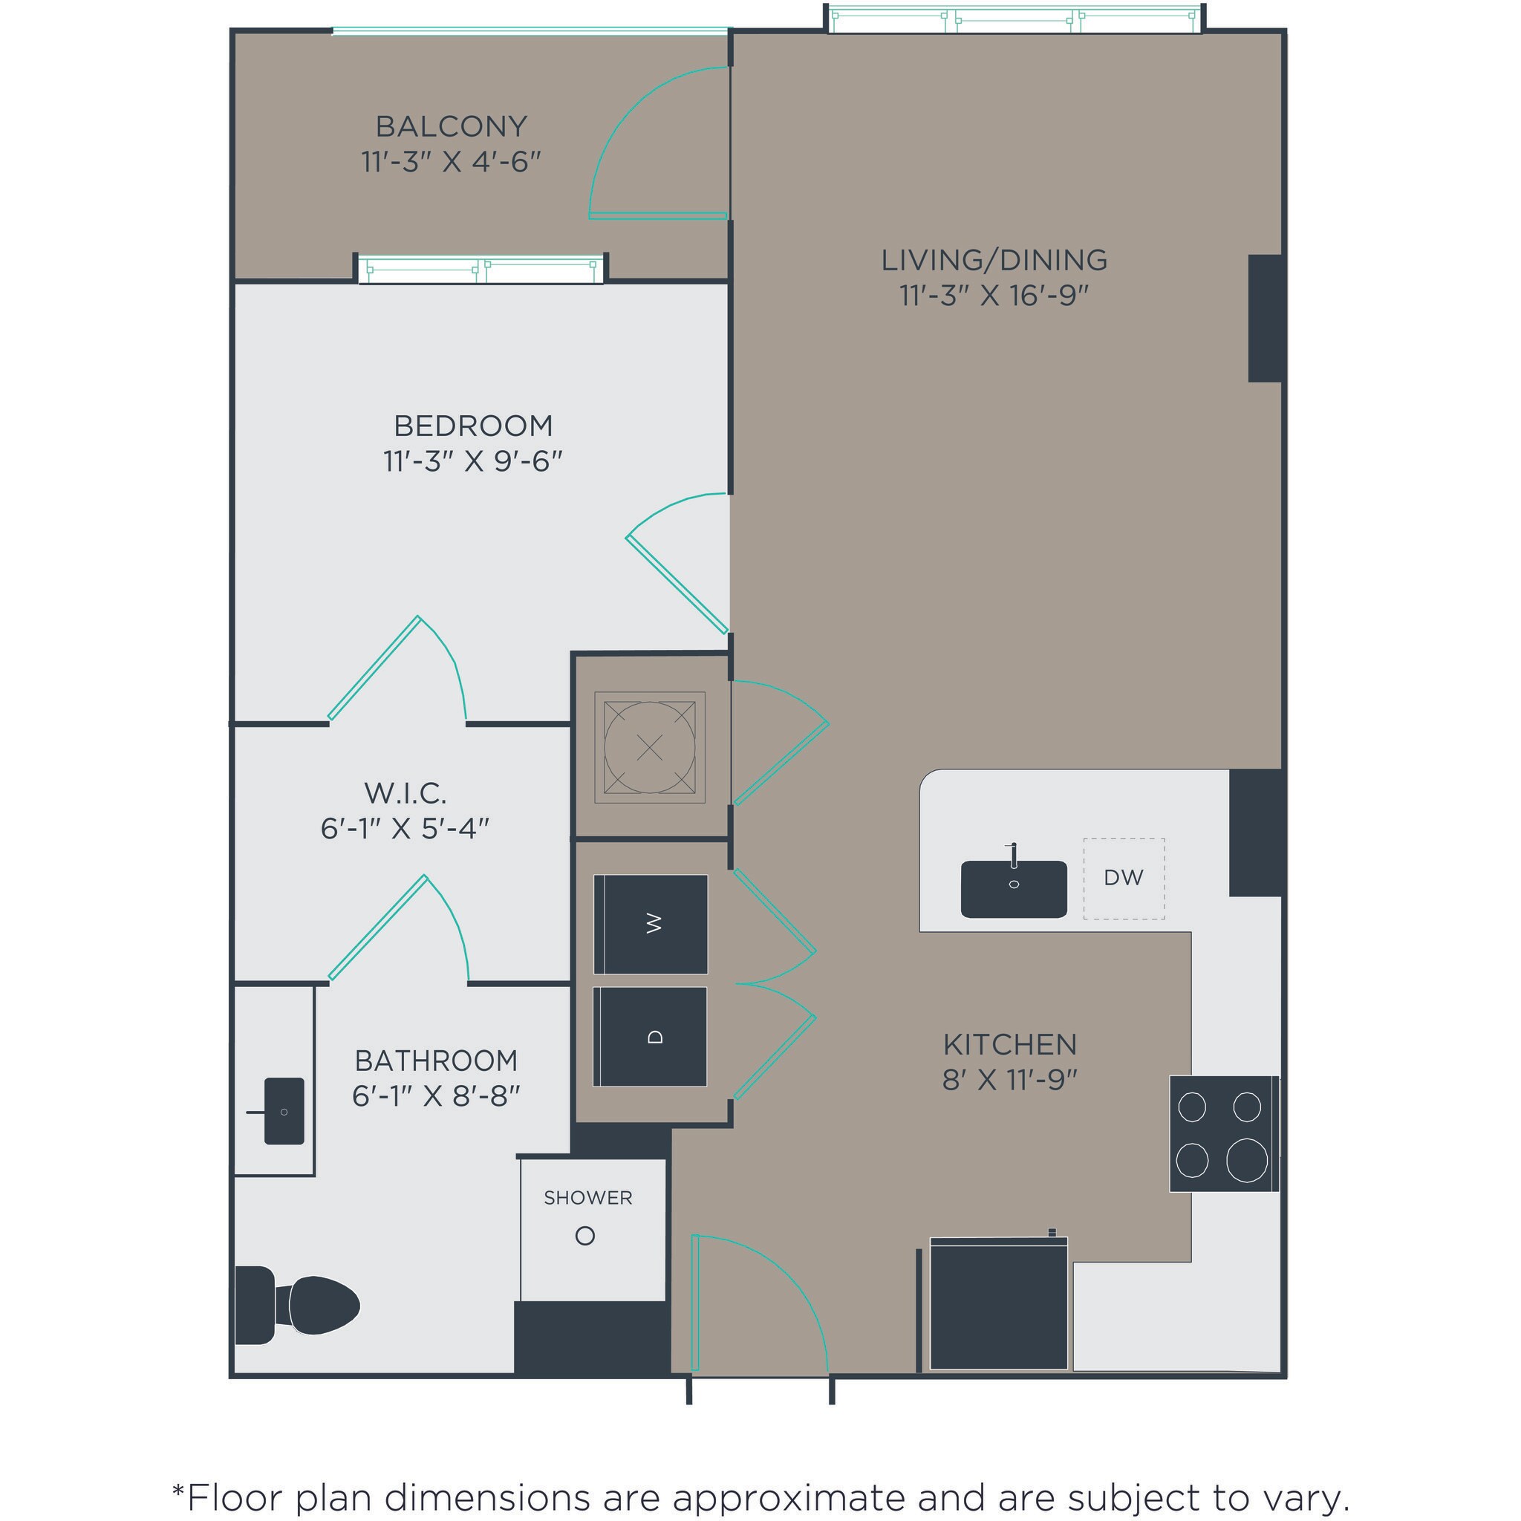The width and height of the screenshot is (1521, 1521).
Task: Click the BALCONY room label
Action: [x=450, y=126]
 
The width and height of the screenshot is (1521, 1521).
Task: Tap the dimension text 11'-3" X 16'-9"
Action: [x=994, y=296]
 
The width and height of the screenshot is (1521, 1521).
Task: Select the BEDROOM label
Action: [x=472, y=426]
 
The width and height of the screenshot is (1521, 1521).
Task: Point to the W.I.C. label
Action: [x=405, y=792]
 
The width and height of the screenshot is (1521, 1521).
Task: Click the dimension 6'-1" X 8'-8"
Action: [x=436, y=1095]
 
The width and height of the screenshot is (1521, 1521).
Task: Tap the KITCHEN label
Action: [x=1009, y=1045]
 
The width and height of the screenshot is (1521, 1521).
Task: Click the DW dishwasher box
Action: [x=1124, y=878]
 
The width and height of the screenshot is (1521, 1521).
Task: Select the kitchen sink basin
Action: [x=1013, y=890]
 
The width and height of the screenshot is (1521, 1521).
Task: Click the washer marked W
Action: [x=651, y=923]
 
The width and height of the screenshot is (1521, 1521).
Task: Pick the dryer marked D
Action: [x=651, y=1036]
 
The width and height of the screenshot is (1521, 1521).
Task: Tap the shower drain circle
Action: [x=585, y=1236]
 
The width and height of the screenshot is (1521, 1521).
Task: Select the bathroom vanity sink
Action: [x=284, y=1111]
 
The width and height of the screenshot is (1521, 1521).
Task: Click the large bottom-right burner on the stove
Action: [x=1246, y=1161]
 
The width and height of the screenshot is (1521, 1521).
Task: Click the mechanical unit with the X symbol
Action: [x=650, y=747]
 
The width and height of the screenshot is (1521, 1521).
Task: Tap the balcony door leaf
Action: [x=658, y=215]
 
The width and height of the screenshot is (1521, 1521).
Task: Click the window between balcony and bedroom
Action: [x=481, y=270]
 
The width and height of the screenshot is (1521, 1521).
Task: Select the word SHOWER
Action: [x=588, y=1197]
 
